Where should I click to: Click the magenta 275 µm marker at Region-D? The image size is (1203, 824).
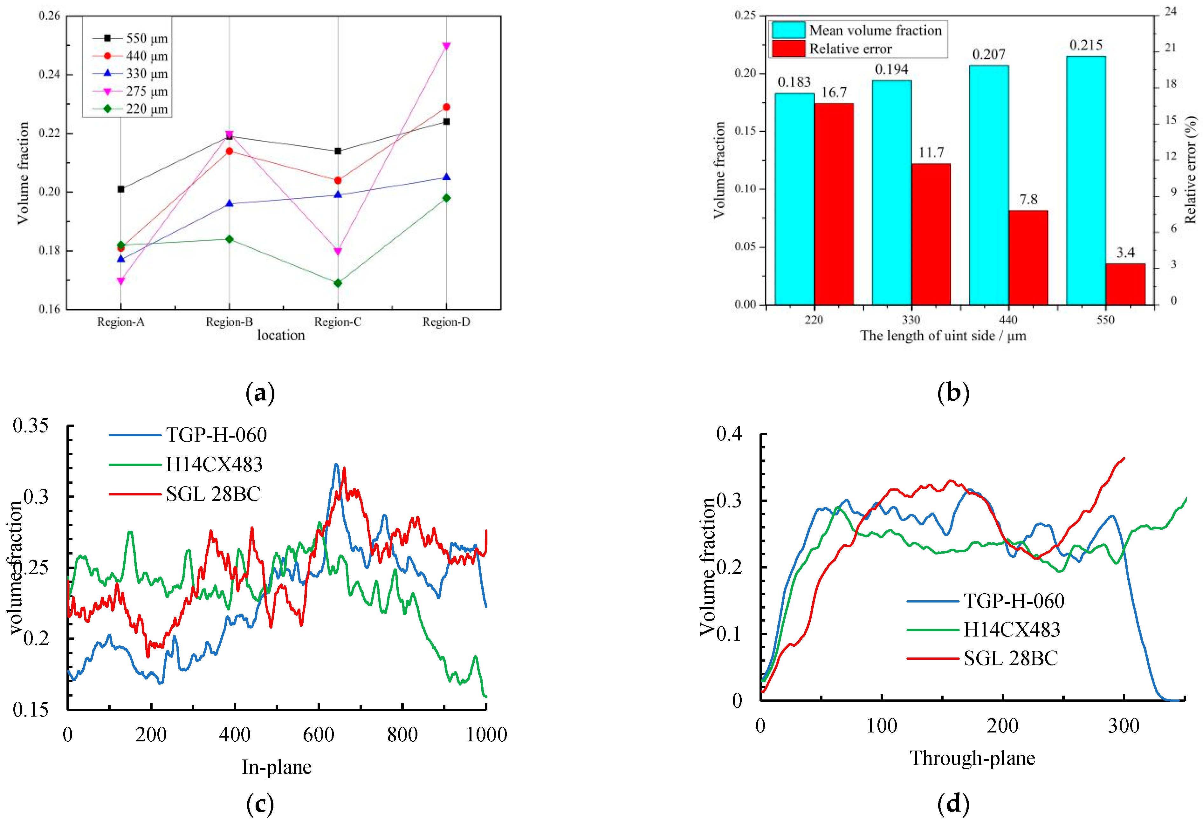(x=446, y=46)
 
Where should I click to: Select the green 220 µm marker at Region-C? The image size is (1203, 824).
(x=338, y=283)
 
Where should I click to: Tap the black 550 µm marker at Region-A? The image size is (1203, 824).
(x=120, y=189)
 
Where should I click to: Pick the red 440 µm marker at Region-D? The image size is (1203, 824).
(x=446, y=107)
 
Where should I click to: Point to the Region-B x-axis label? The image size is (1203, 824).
(x=229, y=322)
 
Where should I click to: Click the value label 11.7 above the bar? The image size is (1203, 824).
(x=931, y=153)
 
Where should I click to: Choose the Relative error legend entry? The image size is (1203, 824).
(x=850, y=49)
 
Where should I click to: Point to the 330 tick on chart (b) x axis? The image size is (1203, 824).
(x=911, y=320)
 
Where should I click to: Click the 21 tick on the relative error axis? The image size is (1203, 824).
(x=1170, y=48)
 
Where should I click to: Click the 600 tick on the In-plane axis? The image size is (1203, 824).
(x=318, y=734)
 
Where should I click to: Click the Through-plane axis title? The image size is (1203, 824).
(x=973, y=758)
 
